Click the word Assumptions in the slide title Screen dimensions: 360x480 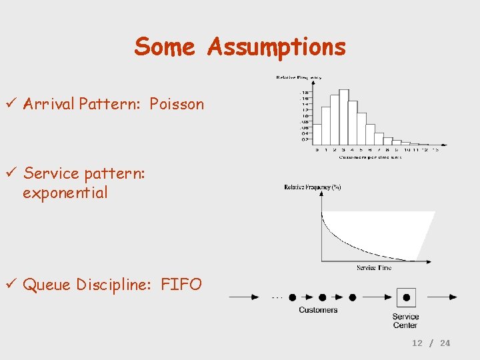tap(276, 47)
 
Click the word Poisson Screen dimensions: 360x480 tap(177, 104)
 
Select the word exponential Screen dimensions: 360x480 tap(65, 193)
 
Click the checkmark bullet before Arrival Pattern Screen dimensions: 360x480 tap(12, 104)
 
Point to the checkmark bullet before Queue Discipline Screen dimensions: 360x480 tap(12, 285)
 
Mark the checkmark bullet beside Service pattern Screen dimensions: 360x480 tap(12, 173)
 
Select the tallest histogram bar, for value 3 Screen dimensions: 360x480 tap(344, 117)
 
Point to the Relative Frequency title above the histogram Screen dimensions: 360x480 tap(299, 78)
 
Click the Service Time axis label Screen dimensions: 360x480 tap(374, 268)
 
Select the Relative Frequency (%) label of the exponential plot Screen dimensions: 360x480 tap(313, 187)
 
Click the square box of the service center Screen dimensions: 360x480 tap(405, 297)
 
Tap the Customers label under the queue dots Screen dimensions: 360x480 tap(318, 310)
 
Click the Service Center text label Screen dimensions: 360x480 tap(405, 321)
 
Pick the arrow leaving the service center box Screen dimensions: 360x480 tap(442, 297)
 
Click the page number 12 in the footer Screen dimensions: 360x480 tap(417, 343)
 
